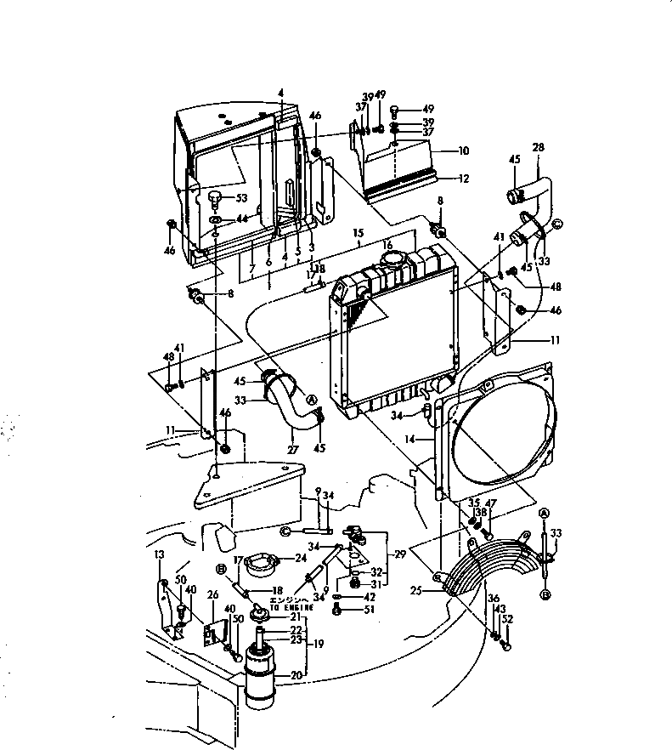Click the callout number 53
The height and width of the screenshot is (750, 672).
coord(242,198)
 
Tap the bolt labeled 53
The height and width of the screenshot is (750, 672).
coord(216,199)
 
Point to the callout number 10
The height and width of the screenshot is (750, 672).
coord(463,151)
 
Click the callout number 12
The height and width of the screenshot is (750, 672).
coord(463,179)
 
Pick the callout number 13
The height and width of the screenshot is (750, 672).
coord(159,554)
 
